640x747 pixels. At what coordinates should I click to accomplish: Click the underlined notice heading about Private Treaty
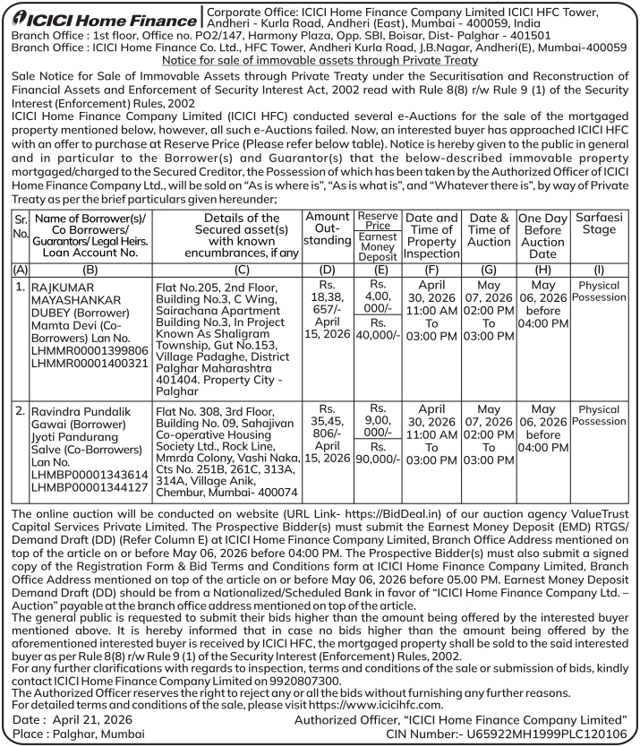click(320, 60)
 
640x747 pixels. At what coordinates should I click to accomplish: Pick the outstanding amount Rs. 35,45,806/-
click(327, 427)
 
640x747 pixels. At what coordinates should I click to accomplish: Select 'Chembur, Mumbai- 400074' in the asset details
click(230, 492)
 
